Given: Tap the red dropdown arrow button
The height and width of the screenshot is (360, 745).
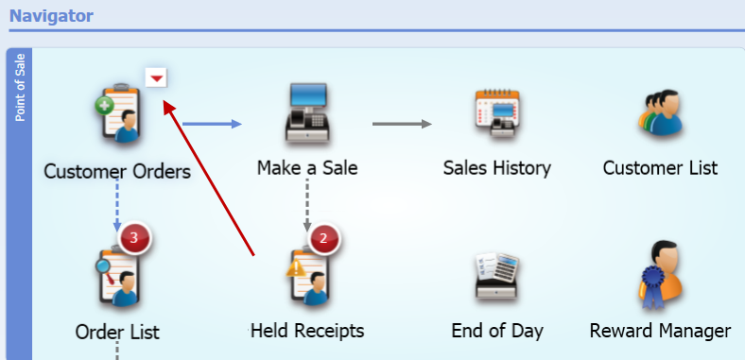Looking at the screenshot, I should coord(157,77).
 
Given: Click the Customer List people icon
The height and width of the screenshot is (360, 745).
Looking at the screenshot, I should coord(660,113).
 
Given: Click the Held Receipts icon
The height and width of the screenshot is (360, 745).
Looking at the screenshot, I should coord(307,277).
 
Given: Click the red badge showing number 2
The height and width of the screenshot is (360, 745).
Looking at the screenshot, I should coord(323,237).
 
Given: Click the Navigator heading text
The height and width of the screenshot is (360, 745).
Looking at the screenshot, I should coord(51,15).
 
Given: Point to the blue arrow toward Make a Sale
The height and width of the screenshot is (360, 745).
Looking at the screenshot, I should coord(212,124).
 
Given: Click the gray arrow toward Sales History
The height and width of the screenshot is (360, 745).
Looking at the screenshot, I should coord(402,124).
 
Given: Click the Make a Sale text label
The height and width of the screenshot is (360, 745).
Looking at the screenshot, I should coord(307,168).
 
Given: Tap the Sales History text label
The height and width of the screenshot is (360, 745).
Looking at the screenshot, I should coord(496,168).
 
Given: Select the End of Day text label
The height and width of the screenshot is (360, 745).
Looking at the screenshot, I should coord(497,331).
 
